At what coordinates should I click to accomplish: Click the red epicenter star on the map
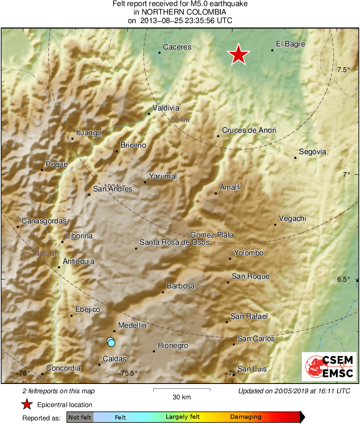[x=239, y=54]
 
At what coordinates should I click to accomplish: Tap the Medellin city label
[x=132, y=325]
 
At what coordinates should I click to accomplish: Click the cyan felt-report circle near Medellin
[x=111, y=343]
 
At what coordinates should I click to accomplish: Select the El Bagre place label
[x=290, y=44]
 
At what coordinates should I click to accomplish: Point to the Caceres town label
[x=177, y=47]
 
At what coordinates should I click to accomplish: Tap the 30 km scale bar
[x=182, y=390]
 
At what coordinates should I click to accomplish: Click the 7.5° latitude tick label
[x=343, y=70]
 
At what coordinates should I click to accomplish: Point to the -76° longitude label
[x=23, y=373]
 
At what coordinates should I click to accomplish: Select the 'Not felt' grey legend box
[x=80, y=417]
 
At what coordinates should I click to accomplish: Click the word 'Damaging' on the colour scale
[x=246, y=417]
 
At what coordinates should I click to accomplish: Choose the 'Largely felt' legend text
[x=181, y=417]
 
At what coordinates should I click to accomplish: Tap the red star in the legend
[x=27, y=404]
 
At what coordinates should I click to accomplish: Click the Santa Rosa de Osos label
[x=174, y=242]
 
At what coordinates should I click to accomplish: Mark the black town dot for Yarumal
[x=145, y=182]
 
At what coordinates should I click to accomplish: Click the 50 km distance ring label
[x=180, y=120]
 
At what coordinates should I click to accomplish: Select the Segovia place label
[x=312, y=152]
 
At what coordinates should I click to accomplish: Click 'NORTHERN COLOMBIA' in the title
[x=180, y=12]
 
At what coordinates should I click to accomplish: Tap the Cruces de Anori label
[x=249, y=130]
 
